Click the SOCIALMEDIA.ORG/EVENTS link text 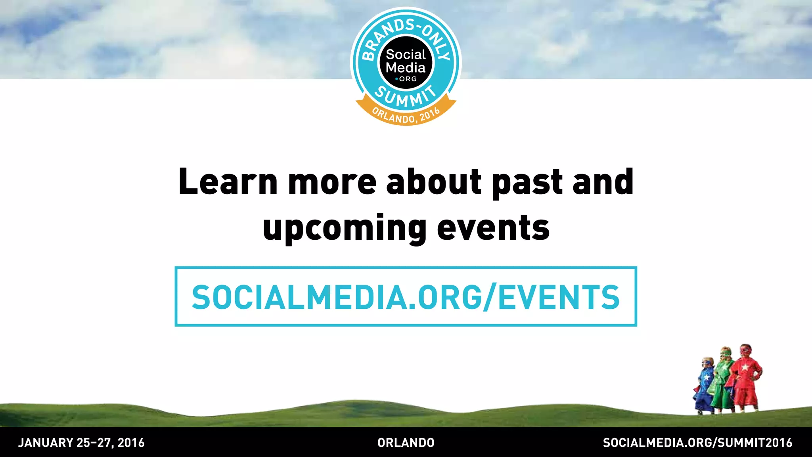(x=406, y=297)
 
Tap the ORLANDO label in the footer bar (x=406, y=443)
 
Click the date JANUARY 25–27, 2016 (x=81, y=443)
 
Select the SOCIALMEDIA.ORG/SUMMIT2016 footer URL (x=697, y=443)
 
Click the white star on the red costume (x=745, y=367)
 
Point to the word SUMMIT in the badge (x=406, y=97)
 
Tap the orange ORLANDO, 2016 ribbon (x=406, y=116)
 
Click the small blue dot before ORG (x=396, y=79)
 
